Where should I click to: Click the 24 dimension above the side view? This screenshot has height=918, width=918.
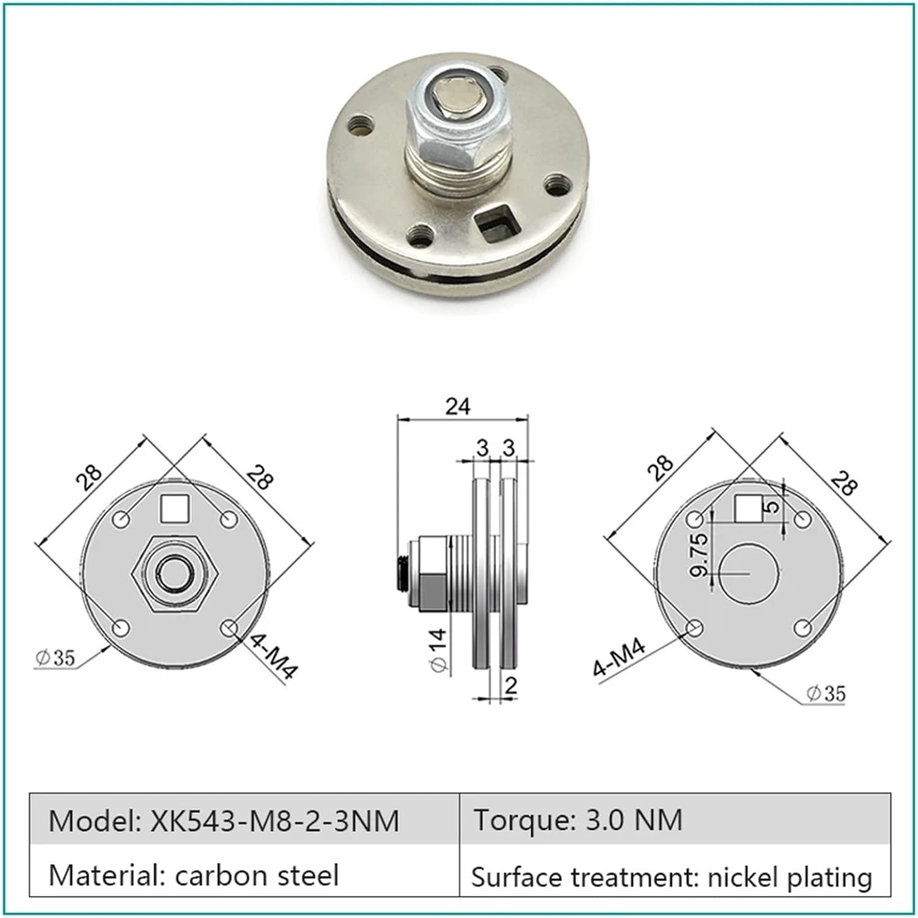tap(458, 406)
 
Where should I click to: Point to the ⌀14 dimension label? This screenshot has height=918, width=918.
tap(438, 651)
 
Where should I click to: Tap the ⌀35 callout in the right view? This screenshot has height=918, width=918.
tap(826, 693)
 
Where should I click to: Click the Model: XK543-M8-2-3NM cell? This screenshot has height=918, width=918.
tap(224, 820)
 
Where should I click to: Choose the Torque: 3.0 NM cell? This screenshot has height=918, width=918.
tap(578, 820)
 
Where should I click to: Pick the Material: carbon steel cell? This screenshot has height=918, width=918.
tap(193, 875)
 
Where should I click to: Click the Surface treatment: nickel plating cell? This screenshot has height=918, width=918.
tap(671, 876)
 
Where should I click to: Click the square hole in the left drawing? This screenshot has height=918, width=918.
tap(174, 509)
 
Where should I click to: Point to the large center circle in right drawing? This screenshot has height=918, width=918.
tap(748, 573)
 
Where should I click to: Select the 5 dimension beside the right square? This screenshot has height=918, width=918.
tap(772, 506)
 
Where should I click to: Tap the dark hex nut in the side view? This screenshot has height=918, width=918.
tap(433, 591)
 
